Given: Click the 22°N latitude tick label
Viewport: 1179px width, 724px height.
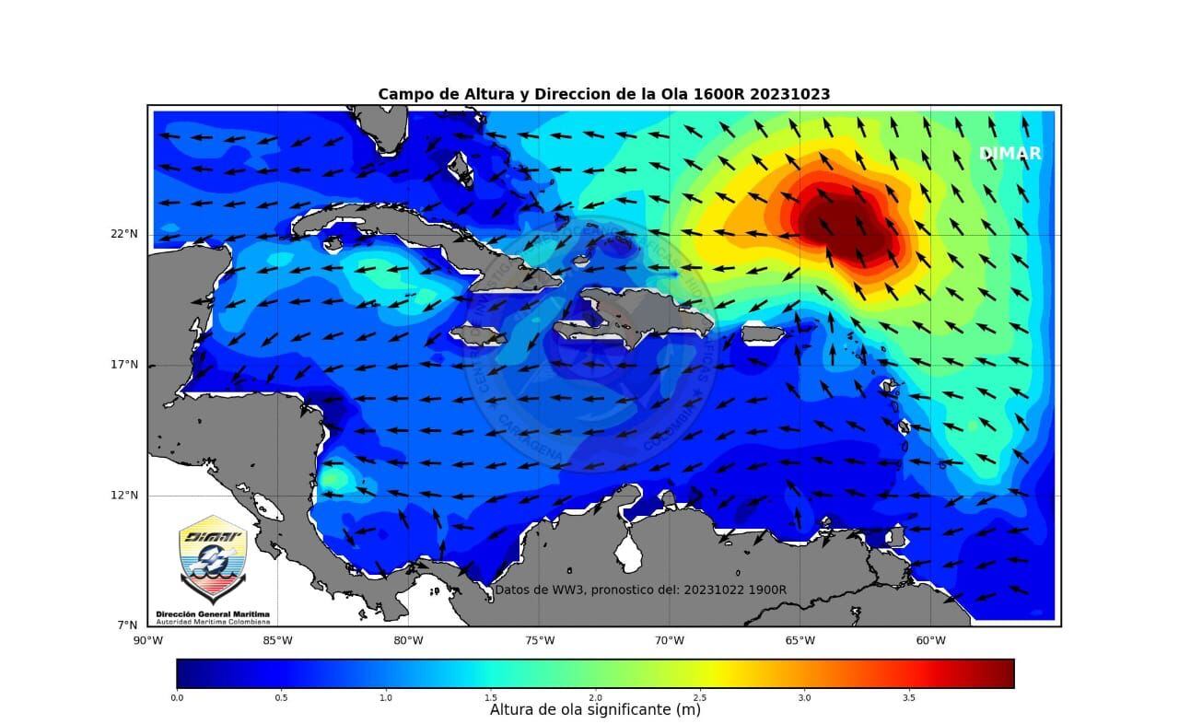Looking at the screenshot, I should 124,234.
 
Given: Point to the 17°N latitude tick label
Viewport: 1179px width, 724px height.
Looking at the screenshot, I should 124,365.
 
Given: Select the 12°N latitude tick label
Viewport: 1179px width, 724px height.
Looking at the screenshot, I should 124,496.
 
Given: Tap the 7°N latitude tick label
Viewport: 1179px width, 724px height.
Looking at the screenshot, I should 127,625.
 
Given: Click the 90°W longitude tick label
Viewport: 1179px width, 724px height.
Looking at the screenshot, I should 147,640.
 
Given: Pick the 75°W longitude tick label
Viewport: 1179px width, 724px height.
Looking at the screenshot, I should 539,640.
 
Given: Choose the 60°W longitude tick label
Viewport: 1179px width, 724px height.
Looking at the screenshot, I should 930,640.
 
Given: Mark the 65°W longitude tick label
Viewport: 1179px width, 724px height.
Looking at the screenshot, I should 800,640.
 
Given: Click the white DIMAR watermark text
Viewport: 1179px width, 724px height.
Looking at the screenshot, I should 1010,154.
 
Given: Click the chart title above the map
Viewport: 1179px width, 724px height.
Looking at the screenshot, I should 603,94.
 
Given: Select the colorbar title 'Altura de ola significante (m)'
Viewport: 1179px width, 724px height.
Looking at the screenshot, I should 595,710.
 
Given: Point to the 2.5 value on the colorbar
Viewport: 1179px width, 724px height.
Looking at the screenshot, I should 699,697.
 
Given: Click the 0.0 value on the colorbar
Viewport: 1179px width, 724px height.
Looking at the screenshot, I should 177,697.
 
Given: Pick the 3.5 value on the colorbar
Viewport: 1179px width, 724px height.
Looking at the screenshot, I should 909,697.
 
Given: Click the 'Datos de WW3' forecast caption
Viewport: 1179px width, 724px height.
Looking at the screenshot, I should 640,590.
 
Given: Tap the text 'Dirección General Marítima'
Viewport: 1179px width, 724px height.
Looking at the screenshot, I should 213,613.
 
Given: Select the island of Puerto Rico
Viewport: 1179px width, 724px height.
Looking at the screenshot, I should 762,333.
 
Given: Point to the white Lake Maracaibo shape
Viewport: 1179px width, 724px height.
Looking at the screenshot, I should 630,553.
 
